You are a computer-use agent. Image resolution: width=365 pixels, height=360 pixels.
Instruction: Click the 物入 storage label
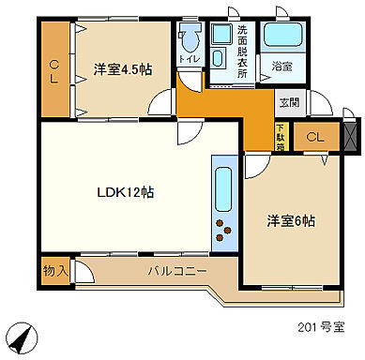(x=54, y=271)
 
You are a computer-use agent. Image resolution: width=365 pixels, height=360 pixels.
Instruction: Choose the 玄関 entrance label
(x=288, y=102)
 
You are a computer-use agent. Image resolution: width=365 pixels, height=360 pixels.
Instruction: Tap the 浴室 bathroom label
(x=281, y=67)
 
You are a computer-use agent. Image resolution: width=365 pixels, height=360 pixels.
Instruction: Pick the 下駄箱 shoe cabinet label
(x=280, y=136)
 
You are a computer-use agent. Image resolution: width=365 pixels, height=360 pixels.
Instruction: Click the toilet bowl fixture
(x=190, y=37)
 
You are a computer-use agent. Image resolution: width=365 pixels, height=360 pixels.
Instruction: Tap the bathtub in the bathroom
(x=281, y=35)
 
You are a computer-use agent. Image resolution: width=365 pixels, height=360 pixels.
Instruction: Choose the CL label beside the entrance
(x=315, y=138)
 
